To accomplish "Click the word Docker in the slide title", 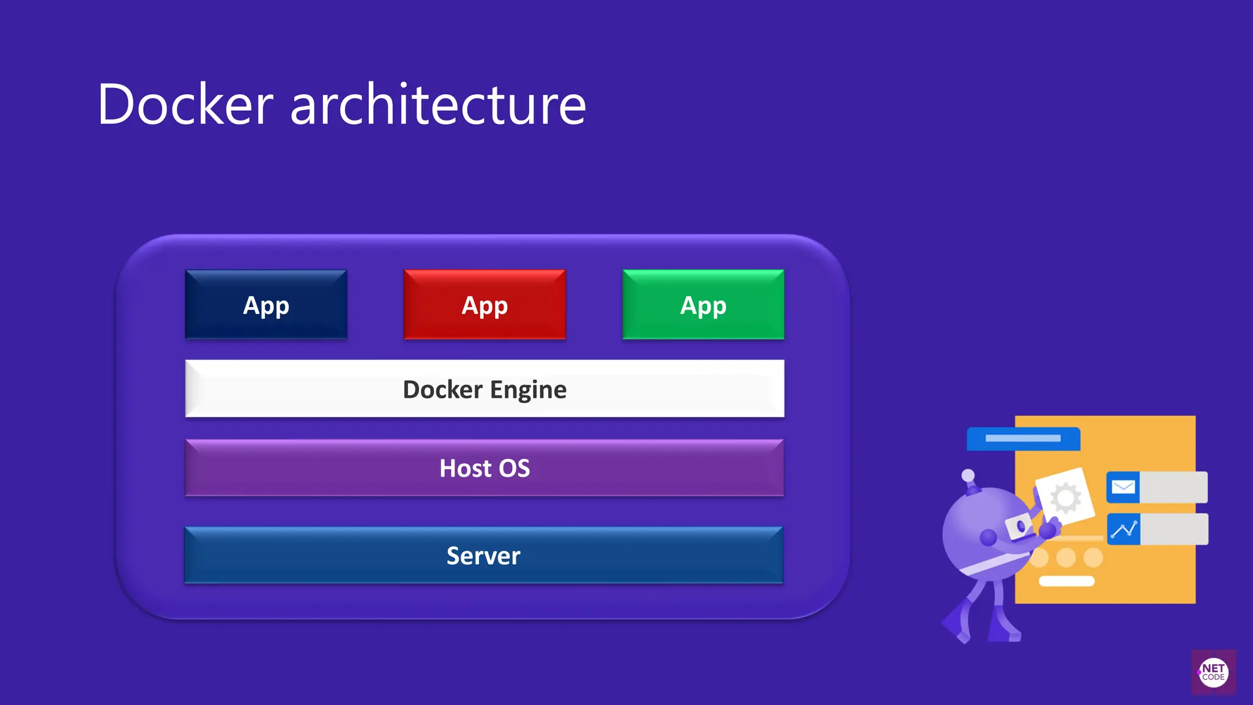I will click(x=185, y=105).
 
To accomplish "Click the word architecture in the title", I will click(x=438, y=105).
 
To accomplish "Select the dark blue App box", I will click(x=266, y=305).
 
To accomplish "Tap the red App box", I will click(x=485, y=305).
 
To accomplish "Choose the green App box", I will click(x=703, y=305).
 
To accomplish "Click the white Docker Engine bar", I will click(x=306, y=389).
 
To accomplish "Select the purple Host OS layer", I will click(x=484, y=468).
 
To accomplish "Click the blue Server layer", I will click(x=483, y=555).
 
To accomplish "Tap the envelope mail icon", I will click(x=1123, y=487).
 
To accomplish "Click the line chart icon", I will click(x=1124, y=529).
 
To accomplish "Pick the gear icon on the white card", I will click(x=1065, y=498).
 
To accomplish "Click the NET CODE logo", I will click(x=1213, y=673).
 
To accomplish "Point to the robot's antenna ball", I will click(x=968, y=476).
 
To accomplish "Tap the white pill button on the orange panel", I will click(x=1066, y=581).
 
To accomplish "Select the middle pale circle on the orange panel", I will click(x=1066, y=558).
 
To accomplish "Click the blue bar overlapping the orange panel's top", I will click(x=1023, y=439).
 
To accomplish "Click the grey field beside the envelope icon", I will click(x=1173, y=487).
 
